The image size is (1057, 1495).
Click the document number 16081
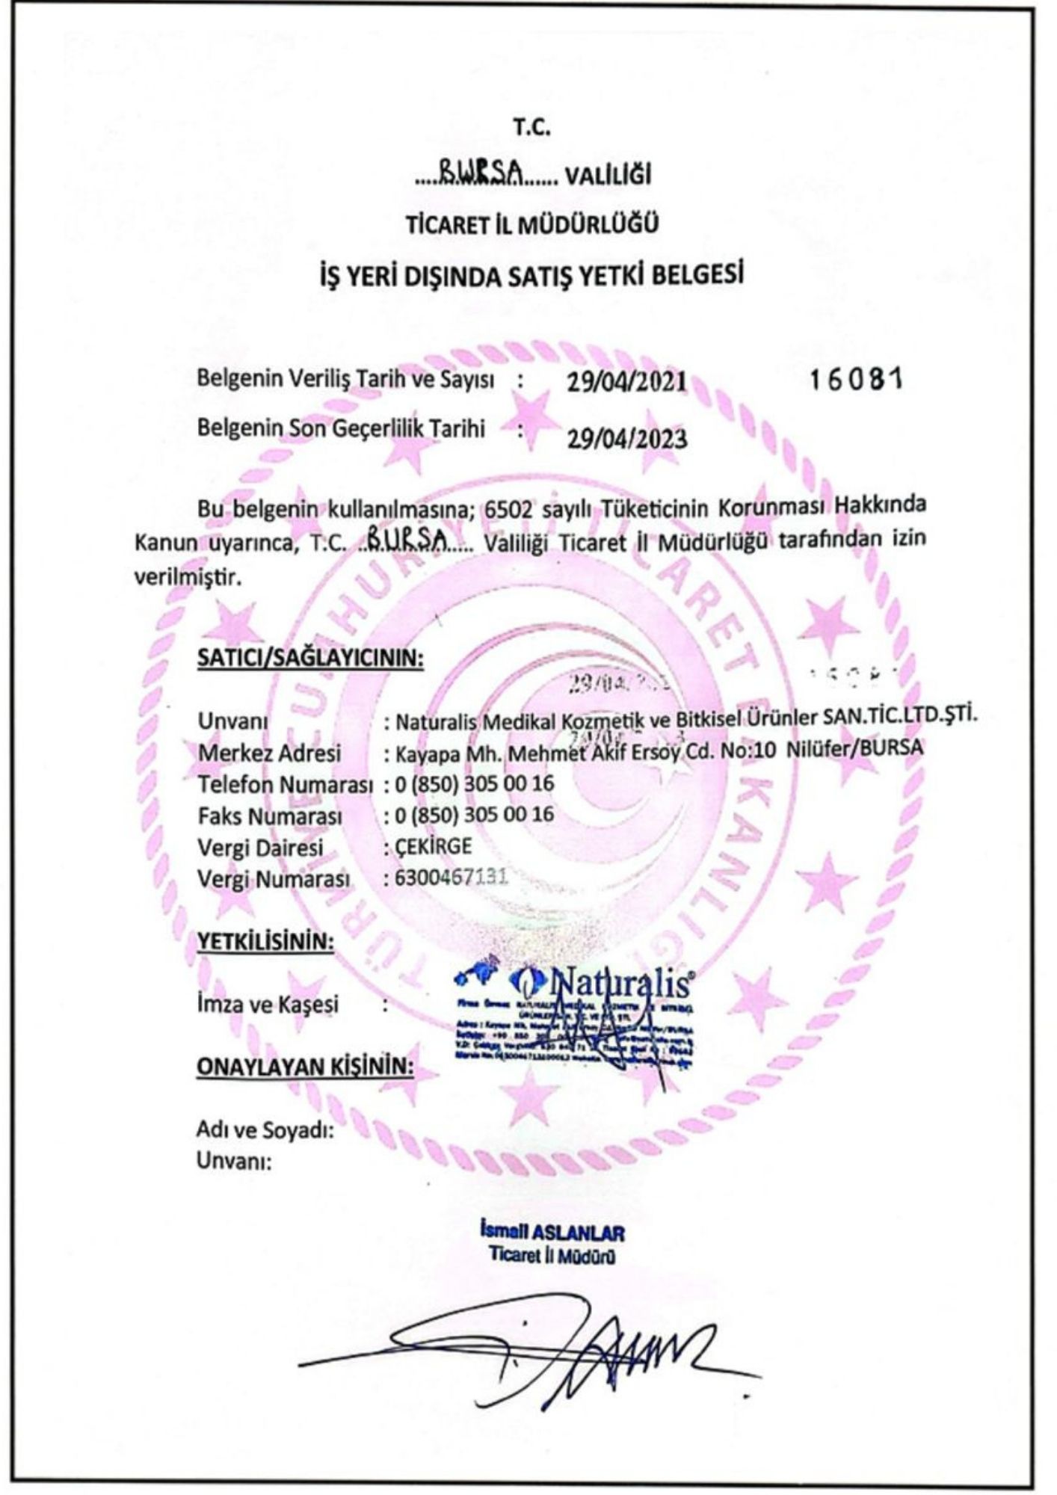coord(857,380)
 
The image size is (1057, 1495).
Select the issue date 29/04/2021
coord(626,381)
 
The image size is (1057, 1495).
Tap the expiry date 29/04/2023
coord(626,437)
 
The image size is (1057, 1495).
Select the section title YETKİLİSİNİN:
coord(265,941)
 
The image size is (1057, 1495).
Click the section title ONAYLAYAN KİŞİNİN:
coord(305,1067)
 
